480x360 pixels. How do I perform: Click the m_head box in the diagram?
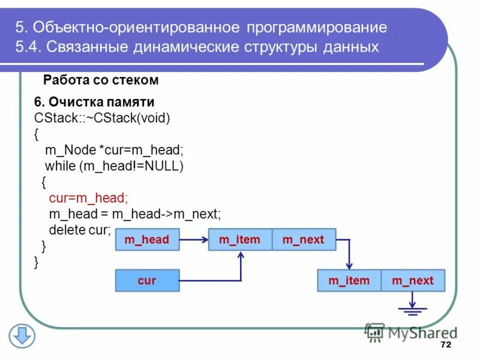tap(146, 240)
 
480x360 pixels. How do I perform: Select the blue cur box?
tap(146, 280)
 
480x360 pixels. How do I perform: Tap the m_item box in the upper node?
tap(240, 240)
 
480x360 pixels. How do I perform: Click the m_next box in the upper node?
tap(304, 240)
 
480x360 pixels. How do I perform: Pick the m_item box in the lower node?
tap(349, 280)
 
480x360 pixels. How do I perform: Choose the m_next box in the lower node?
tap(413, 280)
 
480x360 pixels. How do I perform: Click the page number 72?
tap(445, 345)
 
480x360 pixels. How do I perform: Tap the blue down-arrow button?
tap(22, 335)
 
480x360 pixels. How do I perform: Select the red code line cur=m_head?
tap(88, 197)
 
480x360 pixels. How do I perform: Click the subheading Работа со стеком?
tap(101, 80)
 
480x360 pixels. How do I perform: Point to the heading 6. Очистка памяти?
tap(94, 101)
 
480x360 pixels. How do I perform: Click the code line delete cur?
tap(80, 230)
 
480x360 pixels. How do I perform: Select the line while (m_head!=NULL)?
tap(114, 166)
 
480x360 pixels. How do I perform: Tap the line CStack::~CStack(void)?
tap(103, 118)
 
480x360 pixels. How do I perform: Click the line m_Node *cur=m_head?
tap(114, 150)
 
